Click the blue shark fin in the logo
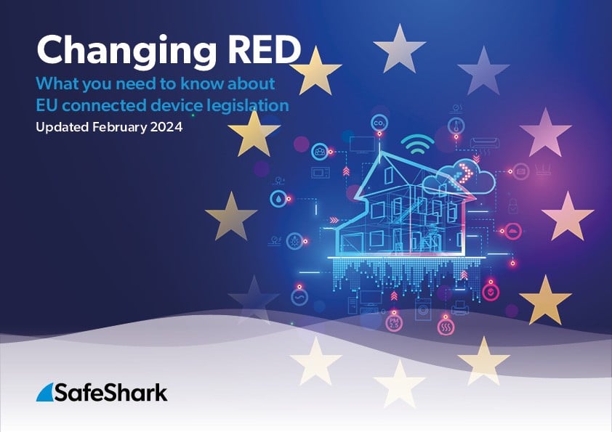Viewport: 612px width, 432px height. (44, 392)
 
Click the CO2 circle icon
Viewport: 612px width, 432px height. (379, 123)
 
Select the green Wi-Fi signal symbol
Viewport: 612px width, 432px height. (417, 144)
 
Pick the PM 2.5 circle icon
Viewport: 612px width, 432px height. (394, 324)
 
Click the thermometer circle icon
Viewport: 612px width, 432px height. (456, 126)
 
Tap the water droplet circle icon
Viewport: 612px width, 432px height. (278, 199)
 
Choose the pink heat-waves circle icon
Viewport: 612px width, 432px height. (446, 327)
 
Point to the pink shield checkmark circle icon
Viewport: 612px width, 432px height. (491, 292)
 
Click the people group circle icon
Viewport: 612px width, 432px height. (319, 152)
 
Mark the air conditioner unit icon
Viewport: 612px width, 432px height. (485, 144)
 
